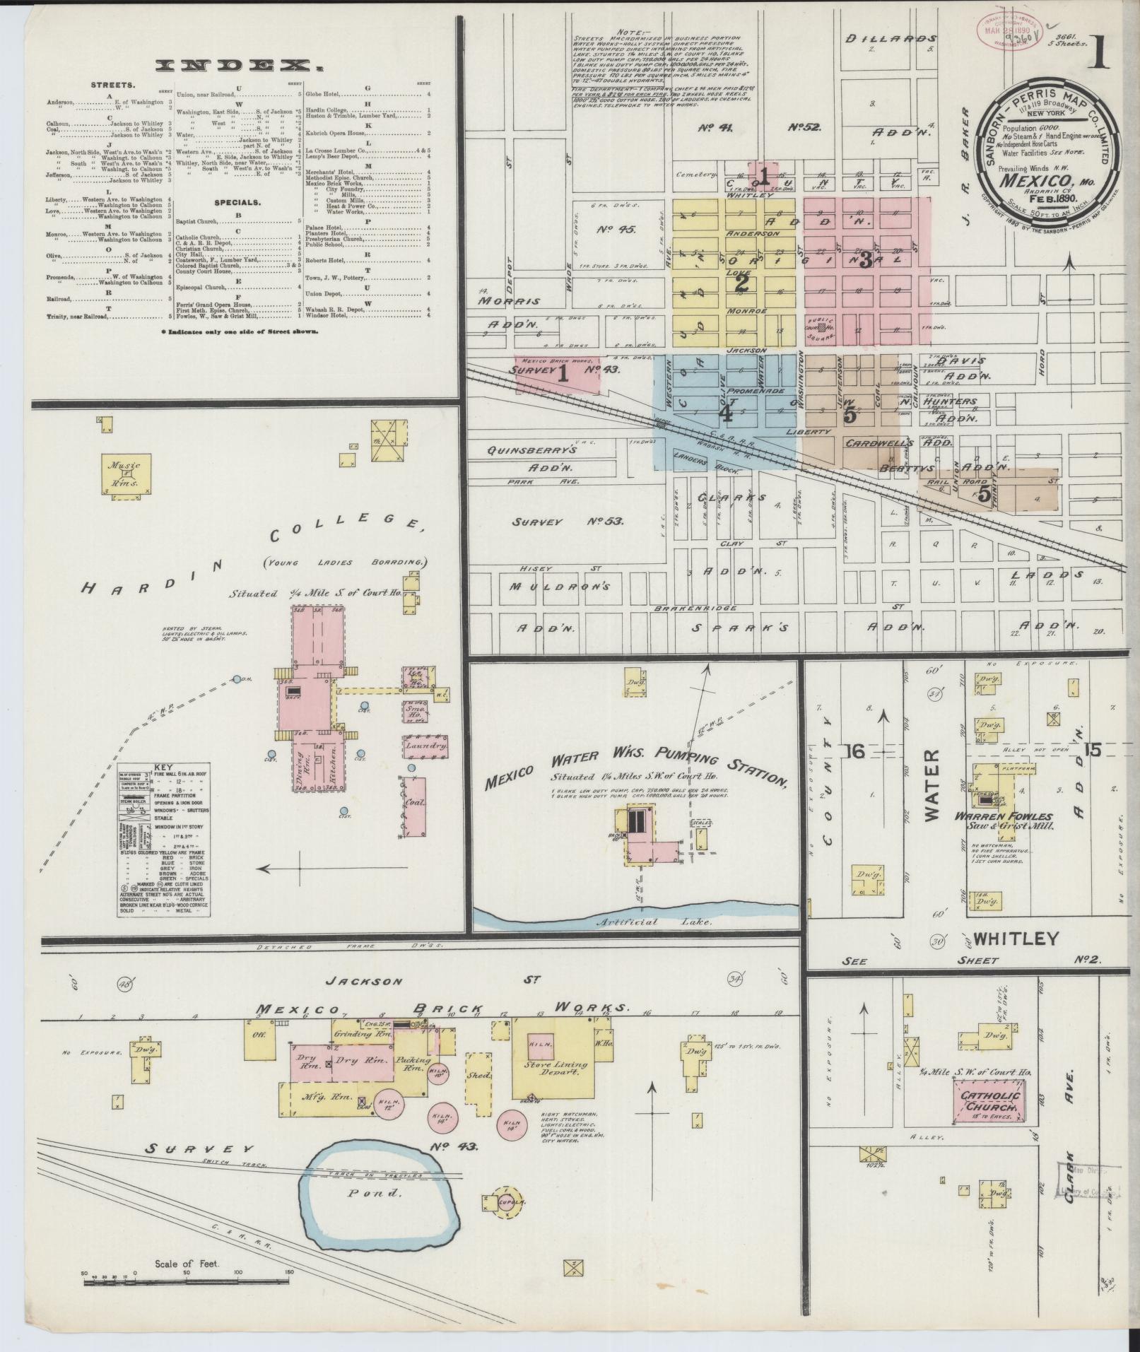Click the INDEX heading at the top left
[237, 66]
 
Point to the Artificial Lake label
[627, 922]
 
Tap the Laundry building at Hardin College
[425, 746]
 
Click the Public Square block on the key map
[821, 327]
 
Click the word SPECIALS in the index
[239, 202]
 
